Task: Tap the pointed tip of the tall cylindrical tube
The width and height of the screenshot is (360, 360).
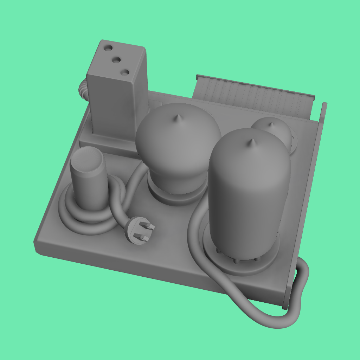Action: pos(251,142)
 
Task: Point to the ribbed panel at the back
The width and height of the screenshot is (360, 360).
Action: pos(253,95)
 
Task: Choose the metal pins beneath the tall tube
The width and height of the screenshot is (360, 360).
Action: pos(236,259)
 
